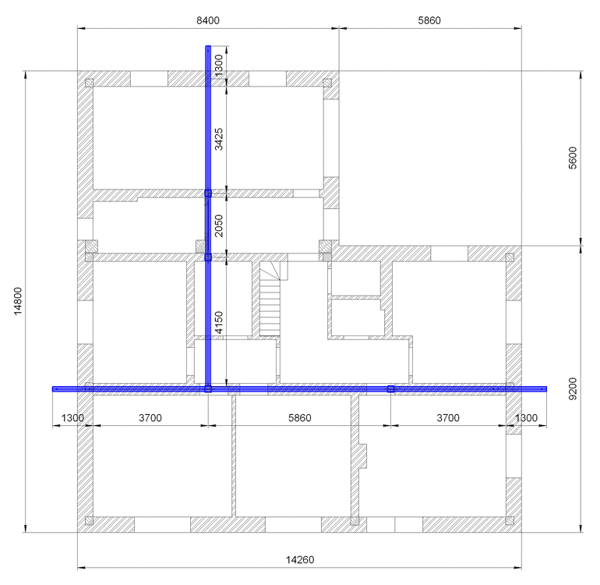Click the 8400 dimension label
(x=208, y=20)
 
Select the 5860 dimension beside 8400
(x=429, y=20)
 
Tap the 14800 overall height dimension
(x=18, y=302)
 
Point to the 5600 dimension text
(x=573, y=158)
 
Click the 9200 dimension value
(x=573, y=389)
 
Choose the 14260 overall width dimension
(x=300, y=560)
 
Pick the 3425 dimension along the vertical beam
(x=218, y=139)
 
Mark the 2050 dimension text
(x=218, y=225)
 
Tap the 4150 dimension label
(x=218, y=322)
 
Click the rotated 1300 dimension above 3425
(x=218, y=66)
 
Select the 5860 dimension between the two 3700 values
(x=300, y=417)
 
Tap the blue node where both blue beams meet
(x=208, y=389)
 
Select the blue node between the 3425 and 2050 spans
(x=208, y=193)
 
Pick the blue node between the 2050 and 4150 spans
(x=208, y=257)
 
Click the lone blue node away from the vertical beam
(x=390, y=389)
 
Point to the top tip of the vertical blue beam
(x=208, y=46)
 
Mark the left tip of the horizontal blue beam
(x=52, y=389)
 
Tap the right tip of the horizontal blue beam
(x=546, y=389)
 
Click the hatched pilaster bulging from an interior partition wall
(x=362, y=456)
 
